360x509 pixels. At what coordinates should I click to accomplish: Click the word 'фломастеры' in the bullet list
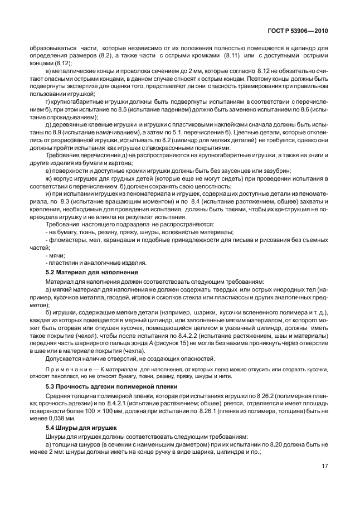point(67,239)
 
